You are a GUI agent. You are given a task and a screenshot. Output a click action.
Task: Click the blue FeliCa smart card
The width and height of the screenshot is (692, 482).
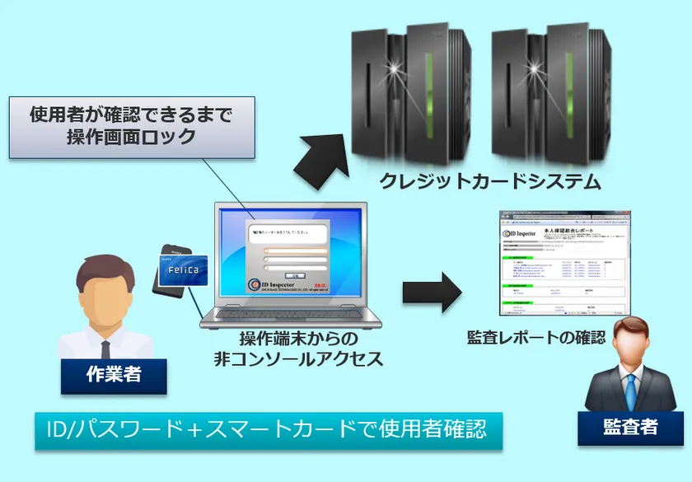click(183, 269)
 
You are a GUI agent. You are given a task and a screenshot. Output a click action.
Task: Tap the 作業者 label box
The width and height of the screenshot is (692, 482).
click(114, 375)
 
